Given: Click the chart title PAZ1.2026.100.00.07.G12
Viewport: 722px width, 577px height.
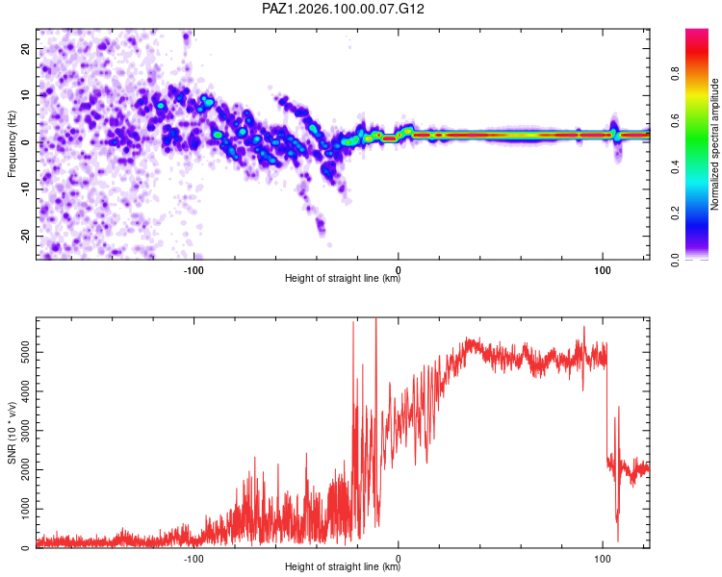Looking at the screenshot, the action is [343, 9].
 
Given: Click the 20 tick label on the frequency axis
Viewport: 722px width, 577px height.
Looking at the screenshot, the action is [25, 48].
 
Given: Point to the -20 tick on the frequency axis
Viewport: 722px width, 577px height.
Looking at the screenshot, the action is [25, 237].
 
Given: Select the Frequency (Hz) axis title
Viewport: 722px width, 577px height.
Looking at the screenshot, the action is [12, 144].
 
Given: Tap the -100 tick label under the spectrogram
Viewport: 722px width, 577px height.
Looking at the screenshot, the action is [193, 270].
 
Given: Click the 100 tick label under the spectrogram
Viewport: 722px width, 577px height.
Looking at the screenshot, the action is [603, 270].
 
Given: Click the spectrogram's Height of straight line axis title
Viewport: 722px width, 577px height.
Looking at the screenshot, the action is [343, 278].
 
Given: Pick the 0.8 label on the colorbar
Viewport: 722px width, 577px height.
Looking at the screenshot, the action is [675, 74].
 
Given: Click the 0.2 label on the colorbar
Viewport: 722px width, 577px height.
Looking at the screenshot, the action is [675, 213].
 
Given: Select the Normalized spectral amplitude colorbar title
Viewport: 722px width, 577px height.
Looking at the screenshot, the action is [714, 144].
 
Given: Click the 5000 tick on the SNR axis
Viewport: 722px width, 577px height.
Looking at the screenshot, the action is [25, 353].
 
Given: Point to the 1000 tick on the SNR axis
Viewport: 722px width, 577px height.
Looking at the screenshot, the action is [25, 509].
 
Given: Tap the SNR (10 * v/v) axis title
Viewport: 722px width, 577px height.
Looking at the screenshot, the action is [12, 433].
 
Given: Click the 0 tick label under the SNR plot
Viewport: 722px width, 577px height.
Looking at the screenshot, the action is [399, 559].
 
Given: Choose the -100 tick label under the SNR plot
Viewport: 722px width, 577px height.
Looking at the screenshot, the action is [193, 559].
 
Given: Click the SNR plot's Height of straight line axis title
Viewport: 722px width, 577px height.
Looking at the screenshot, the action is [343, 566].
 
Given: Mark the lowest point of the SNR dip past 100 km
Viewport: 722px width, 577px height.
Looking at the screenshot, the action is [617, 541].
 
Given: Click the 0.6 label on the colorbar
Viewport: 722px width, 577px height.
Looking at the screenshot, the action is [675, 120].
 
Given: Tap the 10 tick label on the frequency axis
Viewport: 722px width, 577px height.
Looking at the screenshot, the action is [25, 95].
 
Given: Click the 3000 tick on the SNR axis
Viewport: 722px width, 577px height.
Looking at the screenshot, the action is [25, 431].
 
